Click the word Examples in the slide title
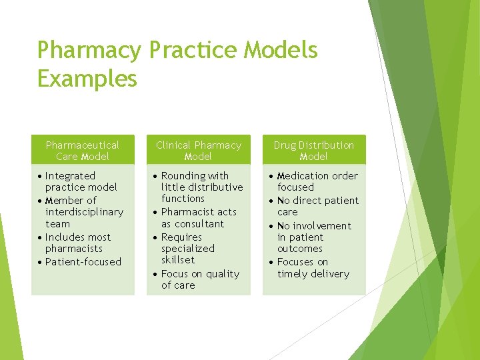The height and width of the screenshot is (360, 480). tap(87, 79)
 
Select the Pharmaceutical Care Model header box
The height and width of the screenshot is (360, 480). tap(83, 151)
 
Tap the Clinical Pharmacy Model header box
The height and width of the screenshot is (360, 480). tap(199, 151)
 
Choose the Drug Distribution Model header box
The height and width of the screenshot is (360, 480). tap(314, 151)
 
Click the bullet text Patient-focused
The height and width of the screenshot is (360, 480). tap(83, 262)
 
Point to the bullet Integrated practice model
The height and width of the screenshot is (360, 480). tap(81, 181)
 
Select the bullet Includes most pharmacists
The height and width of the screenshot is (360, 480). tap(78, 243)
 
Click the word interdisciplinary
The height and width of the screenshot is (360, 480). tap(84, 212)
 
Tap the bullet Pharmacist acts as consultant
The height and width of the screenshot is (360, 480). tap(199, 218)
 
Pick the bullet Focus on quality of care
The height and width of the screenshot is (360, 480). tap(200, 279)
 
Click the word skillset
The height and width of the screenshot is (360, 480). tap(178, 260)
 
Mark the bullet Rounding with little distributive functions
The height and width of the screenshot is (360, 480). tap(201, 187)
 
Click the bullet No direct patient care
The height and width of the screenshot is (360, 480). tap(317, 206)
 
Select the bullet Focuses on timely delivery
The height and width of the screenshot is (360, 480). tap(313, 268)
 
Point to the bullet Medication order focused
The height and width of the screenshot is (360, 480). tap(317, 181)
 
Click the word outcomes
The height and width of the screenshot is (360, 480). tap(300, 249)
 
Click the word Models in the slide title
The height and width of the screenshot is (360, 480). tap(287, 50)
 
